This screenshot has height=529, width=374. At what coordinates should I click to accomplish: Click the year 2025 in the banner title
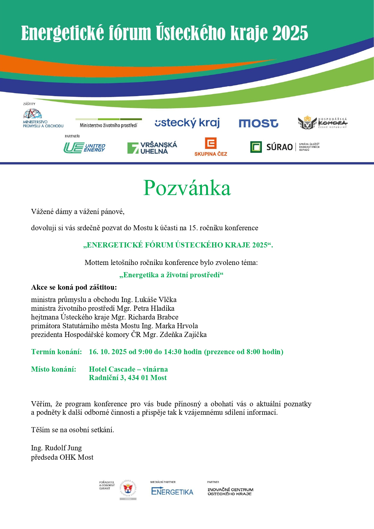coord(290,33)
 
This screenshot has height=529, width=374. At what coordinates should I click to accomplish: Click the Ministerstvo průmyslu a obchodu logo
coord(43,118)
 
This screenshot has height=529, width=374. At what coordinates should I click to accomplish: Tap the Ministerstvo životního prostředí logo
coord(108,123)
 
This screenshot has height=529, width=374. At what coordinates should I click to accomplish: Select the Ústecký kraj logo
coord(187,123)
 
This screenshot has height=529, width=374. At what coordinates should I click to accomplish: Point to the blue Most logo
coord(258,123)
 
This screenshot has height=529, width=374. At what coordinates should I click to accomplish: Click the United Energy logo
coord(84,148)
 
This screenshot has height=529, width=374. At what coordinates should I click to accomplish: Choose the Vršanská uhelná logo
coord(152,148)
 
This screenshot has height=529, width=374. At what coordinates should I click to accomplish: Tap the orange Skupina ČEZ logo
coord(211,147)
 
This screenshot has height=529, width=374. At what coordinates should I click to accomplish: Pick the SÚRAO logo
coord(284,147)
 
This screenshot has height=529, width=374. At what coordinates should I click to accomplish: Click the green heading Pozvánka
coord(187,188)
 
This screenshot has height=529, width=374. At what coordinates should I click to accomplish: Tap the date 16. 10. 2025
coord(108,352)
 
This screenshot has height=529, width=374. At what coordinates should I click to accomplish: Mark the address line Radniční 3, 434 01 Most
coord(128,378)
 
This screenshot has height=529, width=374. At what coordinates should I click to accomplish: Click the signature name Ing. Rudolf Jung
coord(56,448)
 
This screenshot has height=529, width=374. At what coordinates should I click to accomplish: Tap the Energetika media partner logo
coord(172,492)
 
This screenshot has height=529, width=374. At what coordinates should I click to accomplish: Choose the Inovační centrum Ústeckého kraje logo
coord(230,491)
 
